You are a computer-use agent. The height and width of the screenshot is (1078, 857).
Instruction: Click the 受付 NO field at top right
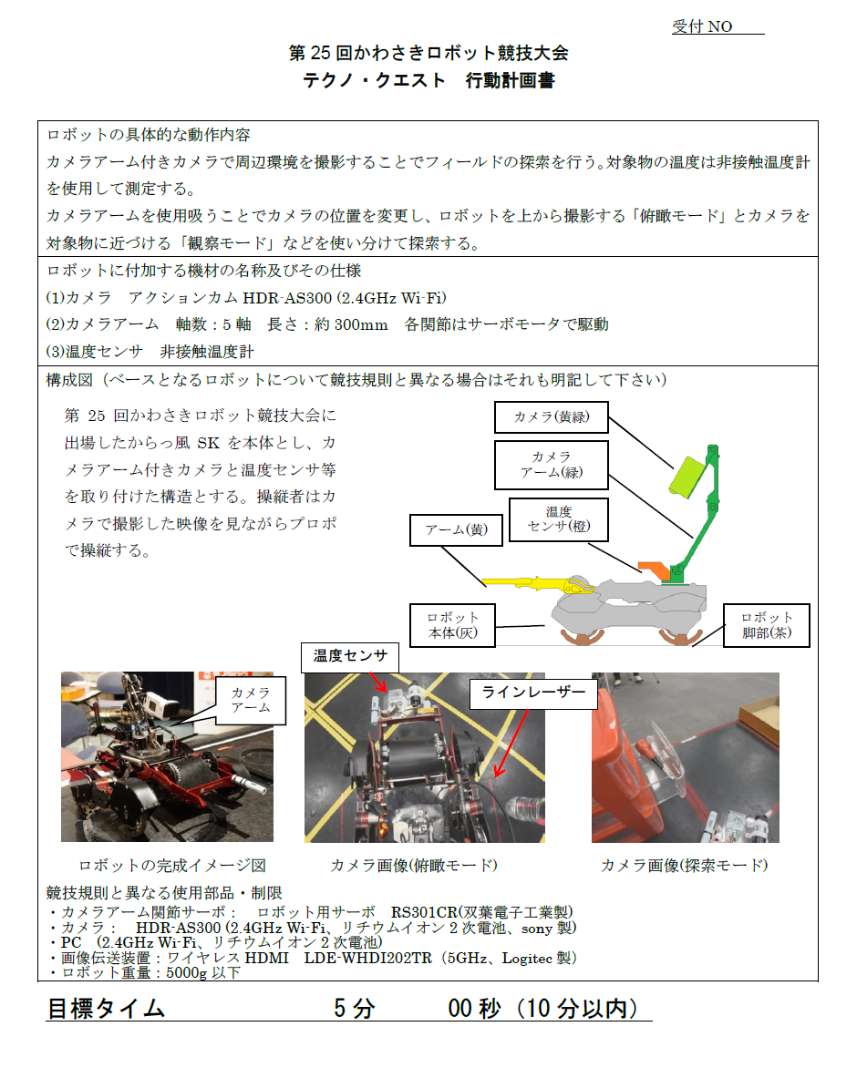tap(718, 26)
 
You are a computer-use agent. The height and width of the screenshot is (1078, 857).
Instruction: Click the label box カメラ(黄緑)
tap(551, 416)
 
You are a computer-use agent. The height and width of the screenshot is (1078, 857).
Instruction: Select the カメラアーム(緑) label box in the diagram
tap(551, 465)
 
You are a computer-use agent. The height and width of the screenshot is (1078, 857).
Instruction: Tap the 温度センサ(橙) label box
tap(559, 519)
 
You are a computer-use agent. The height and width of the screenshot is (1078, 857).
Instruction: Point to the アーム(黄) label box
tap(456, 529)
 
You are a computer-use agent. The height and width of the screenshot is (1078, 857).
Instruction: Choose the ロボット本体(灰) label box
tap(452, 625)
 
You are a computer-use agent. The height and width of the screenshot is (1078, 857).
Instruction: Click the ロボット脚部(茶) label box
tap(766, 625)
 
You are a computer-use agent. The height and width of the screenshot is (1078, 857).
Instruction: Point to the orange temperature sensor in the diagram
tap(654, 570)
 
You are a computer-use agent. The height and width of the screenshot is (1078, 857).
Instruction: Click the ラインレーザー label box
tap(533, 693)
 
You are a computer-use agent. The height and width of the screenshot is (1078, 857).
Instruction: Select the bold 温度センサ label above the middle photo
tap(350, 657)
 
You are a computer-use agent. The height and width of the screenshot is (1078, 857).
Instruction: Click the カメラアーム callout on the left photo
tap(251, 700)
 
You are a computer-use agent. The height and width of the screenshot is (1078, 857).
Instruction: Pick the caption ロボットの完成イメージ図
tap(172, 865)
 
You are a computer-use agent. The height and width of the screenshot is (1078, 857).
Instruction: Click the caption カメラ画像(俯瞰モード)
tap(414, 865)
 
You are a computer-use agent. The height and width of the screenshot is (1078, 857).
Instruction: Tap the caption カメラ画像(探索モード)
tap(685, 865)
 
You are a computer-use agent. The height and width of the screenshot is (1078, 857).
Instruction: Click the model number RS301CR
tap(424, 911)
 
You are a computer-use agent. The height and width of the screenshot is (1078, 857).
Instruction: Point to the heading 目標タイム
tap(106, 1009)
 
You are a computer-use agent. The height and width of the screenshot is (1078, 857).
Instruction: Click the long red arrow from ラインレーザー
tap(511, 744)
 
